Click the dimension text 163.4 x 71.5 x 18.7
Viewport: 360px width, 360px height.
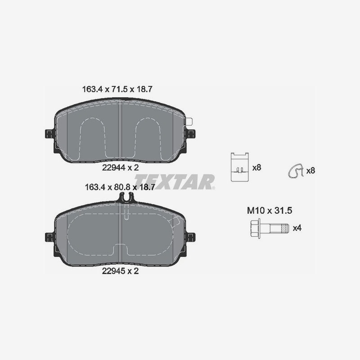coord(117,89)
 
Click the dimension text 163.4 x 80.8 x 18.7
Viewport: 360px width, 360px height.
coord(120,187)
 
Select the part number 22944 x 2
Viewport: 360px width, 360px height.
coord(120,167)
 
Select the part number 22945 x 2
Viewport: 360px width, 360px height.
coord(120,271)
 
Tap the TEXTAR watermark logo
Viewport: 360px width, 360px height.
coord(175,182)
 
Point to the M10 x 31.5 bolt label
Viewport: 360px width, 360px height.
coord(270,211)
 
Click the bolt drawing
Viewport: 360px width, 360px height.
coord(269,228)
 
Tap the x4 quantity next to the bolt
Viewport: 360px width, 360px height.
coord(297,228)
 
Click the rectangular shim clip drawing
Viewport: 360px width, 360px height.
coord(240,167)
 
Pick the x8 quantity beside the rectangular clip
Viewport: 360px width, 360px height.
coord(256,167)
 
